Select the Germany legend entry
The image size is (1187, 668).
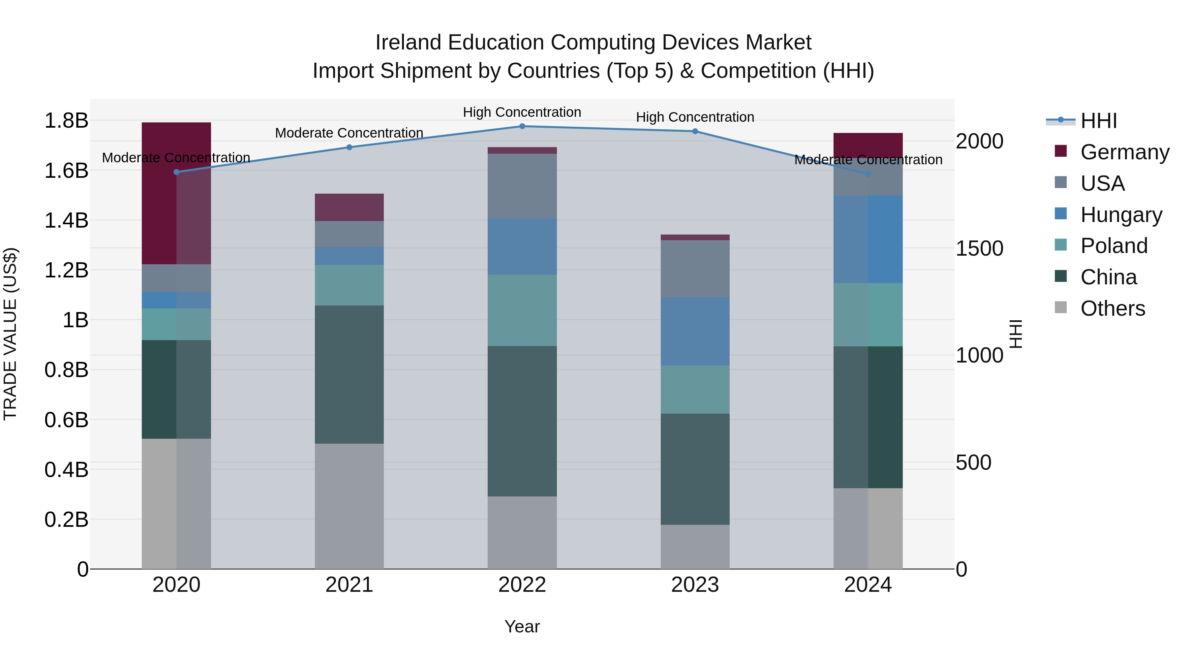1124,152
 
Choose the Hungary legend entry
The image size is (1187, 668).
1121,215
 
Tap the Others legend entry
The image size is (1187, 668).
1112,308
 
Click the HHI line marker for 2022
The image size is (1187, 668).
522,126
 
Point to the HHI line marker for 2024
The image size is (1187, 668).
868,174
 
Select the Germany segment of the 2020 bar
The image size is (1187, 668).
176,193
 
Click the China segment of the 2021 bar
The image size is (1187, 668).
349,374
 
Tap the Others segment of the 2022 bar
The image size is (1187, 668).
522,532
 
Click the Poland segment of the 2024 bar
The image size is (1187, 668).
868,315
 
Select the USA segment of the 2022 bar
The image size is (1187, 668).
522,186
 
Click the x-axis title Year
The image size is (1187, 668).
522,626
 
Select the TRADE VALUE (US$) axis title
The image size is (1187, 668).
10,334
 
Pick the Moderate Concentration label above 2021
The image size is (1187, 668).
349,133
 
